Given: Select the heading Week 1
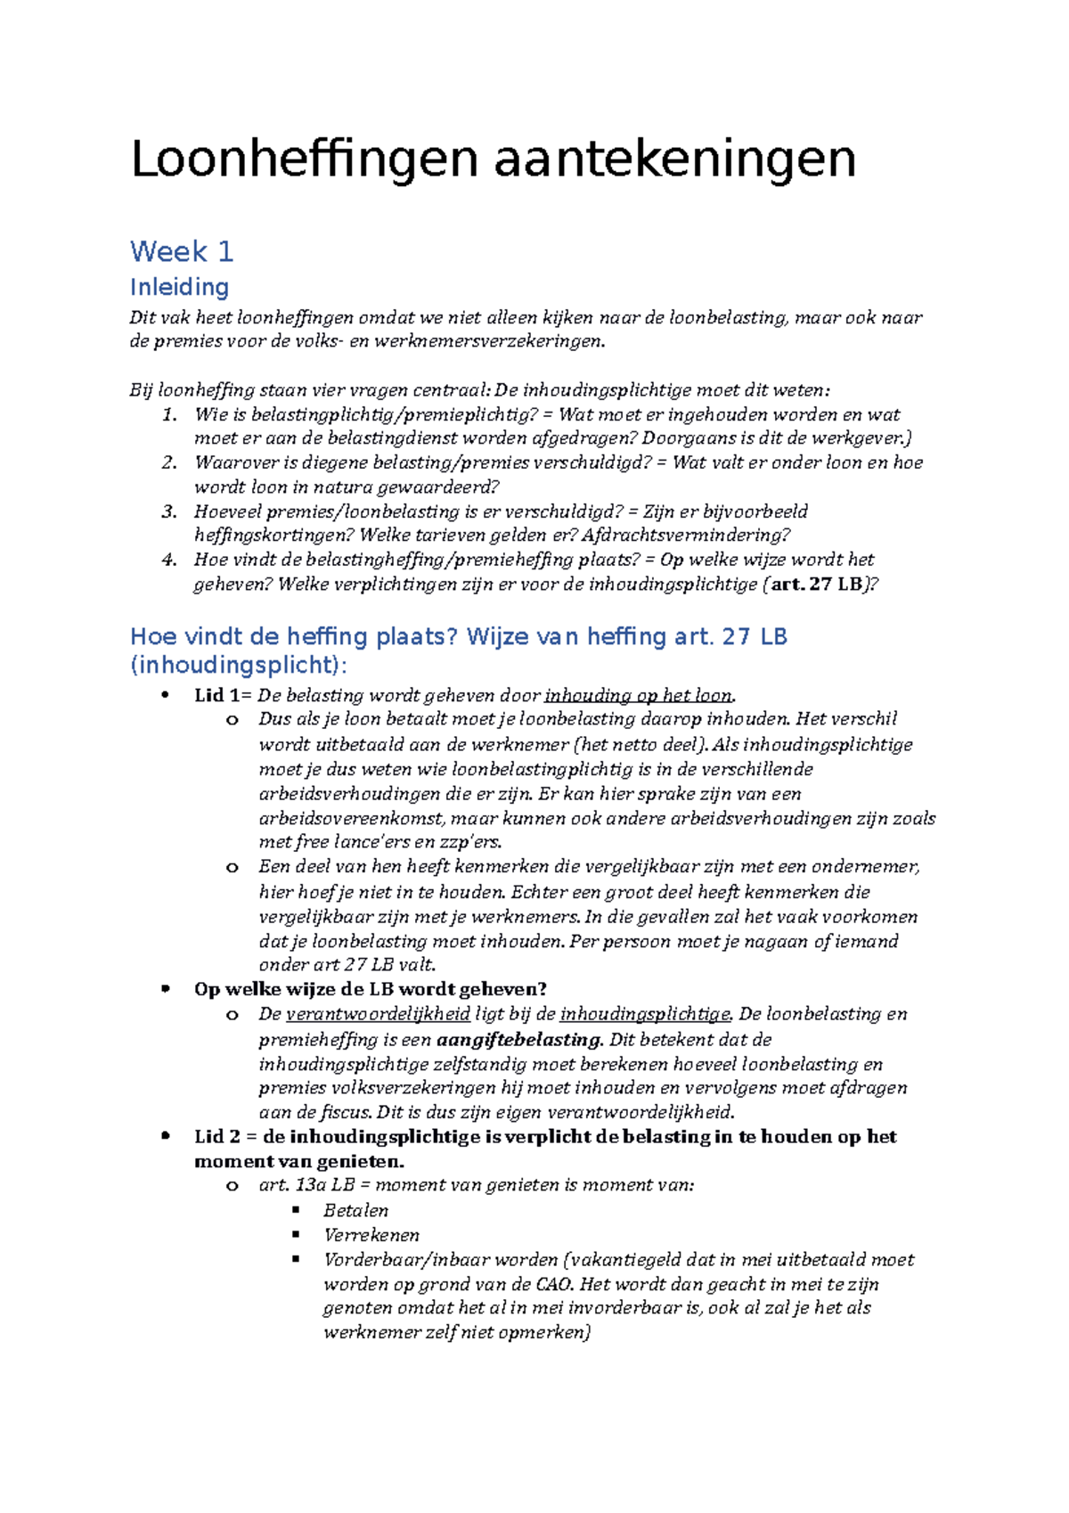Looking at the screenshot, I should point(182,251).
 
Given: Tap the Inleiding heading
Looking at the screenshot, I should point(179,287).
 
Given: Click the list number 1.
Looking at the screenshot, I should point(169,414).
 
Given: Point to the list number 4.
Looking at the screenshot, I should point(169,560).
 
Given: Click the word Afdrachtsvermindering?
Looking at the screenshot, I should point(686,536).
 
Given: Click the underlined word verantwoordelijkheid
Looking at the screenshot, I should point(378,1014).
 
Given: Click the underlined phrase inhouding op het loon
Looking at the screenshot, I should point(639,696).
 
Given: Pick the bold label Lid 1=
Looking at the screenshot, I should point(223,696).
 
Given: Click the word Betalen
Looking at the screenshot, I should point(355,1210).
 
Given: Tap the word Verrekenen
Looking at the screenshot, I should point(371,1235).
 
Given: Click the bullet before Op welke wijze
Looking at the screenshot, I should point(165,989).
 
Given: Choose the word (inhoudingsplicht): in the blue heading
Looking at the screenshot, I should point(239,666).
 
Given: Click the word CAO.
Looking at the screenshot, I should point(554,1284).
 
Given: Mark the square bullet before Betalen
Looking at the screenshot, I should point(297,1210).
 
